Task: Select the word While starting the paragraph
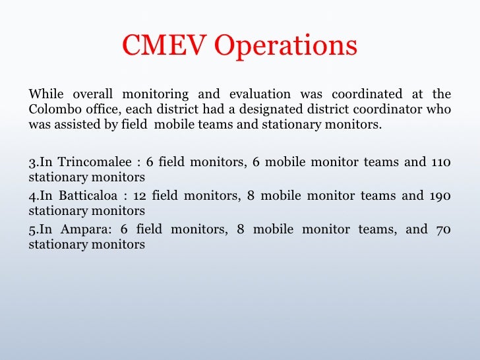tap(44, 94)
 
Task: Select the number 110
tap(441, 162)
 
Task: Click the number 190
tap(441, 196)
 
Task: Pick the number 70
tap(444, 229)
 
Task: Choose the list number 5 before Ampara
tap(32, 230)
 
